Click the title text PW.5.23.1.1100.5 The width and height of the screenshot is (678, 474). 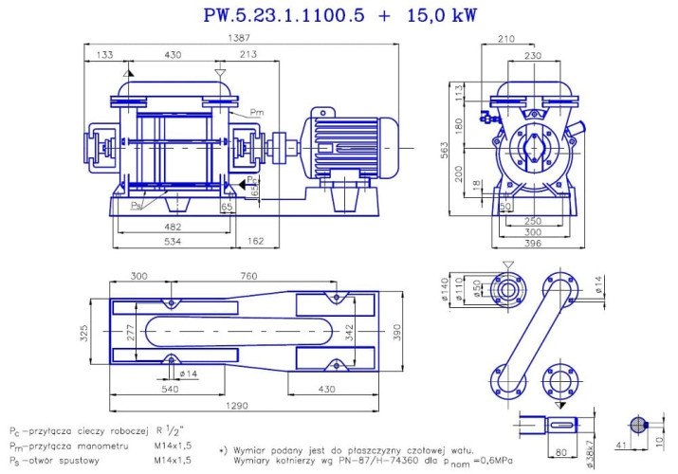(x=284, y=15)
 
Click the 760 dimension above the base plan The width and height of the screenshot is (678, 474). (x=249, y=276)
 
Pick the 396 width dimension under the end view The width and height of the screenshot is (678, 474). (x=535, y=245)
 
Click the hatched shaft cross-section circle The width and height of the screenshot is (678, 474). (x=640, y=425)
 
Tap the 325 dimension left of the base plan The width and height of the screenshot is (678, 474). (x=84, y=334)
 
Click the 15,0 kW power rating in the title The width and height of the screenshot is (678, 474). (x=440, y=15)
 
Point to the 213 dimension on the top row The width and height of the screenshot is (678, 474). (x=247, y=55)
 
